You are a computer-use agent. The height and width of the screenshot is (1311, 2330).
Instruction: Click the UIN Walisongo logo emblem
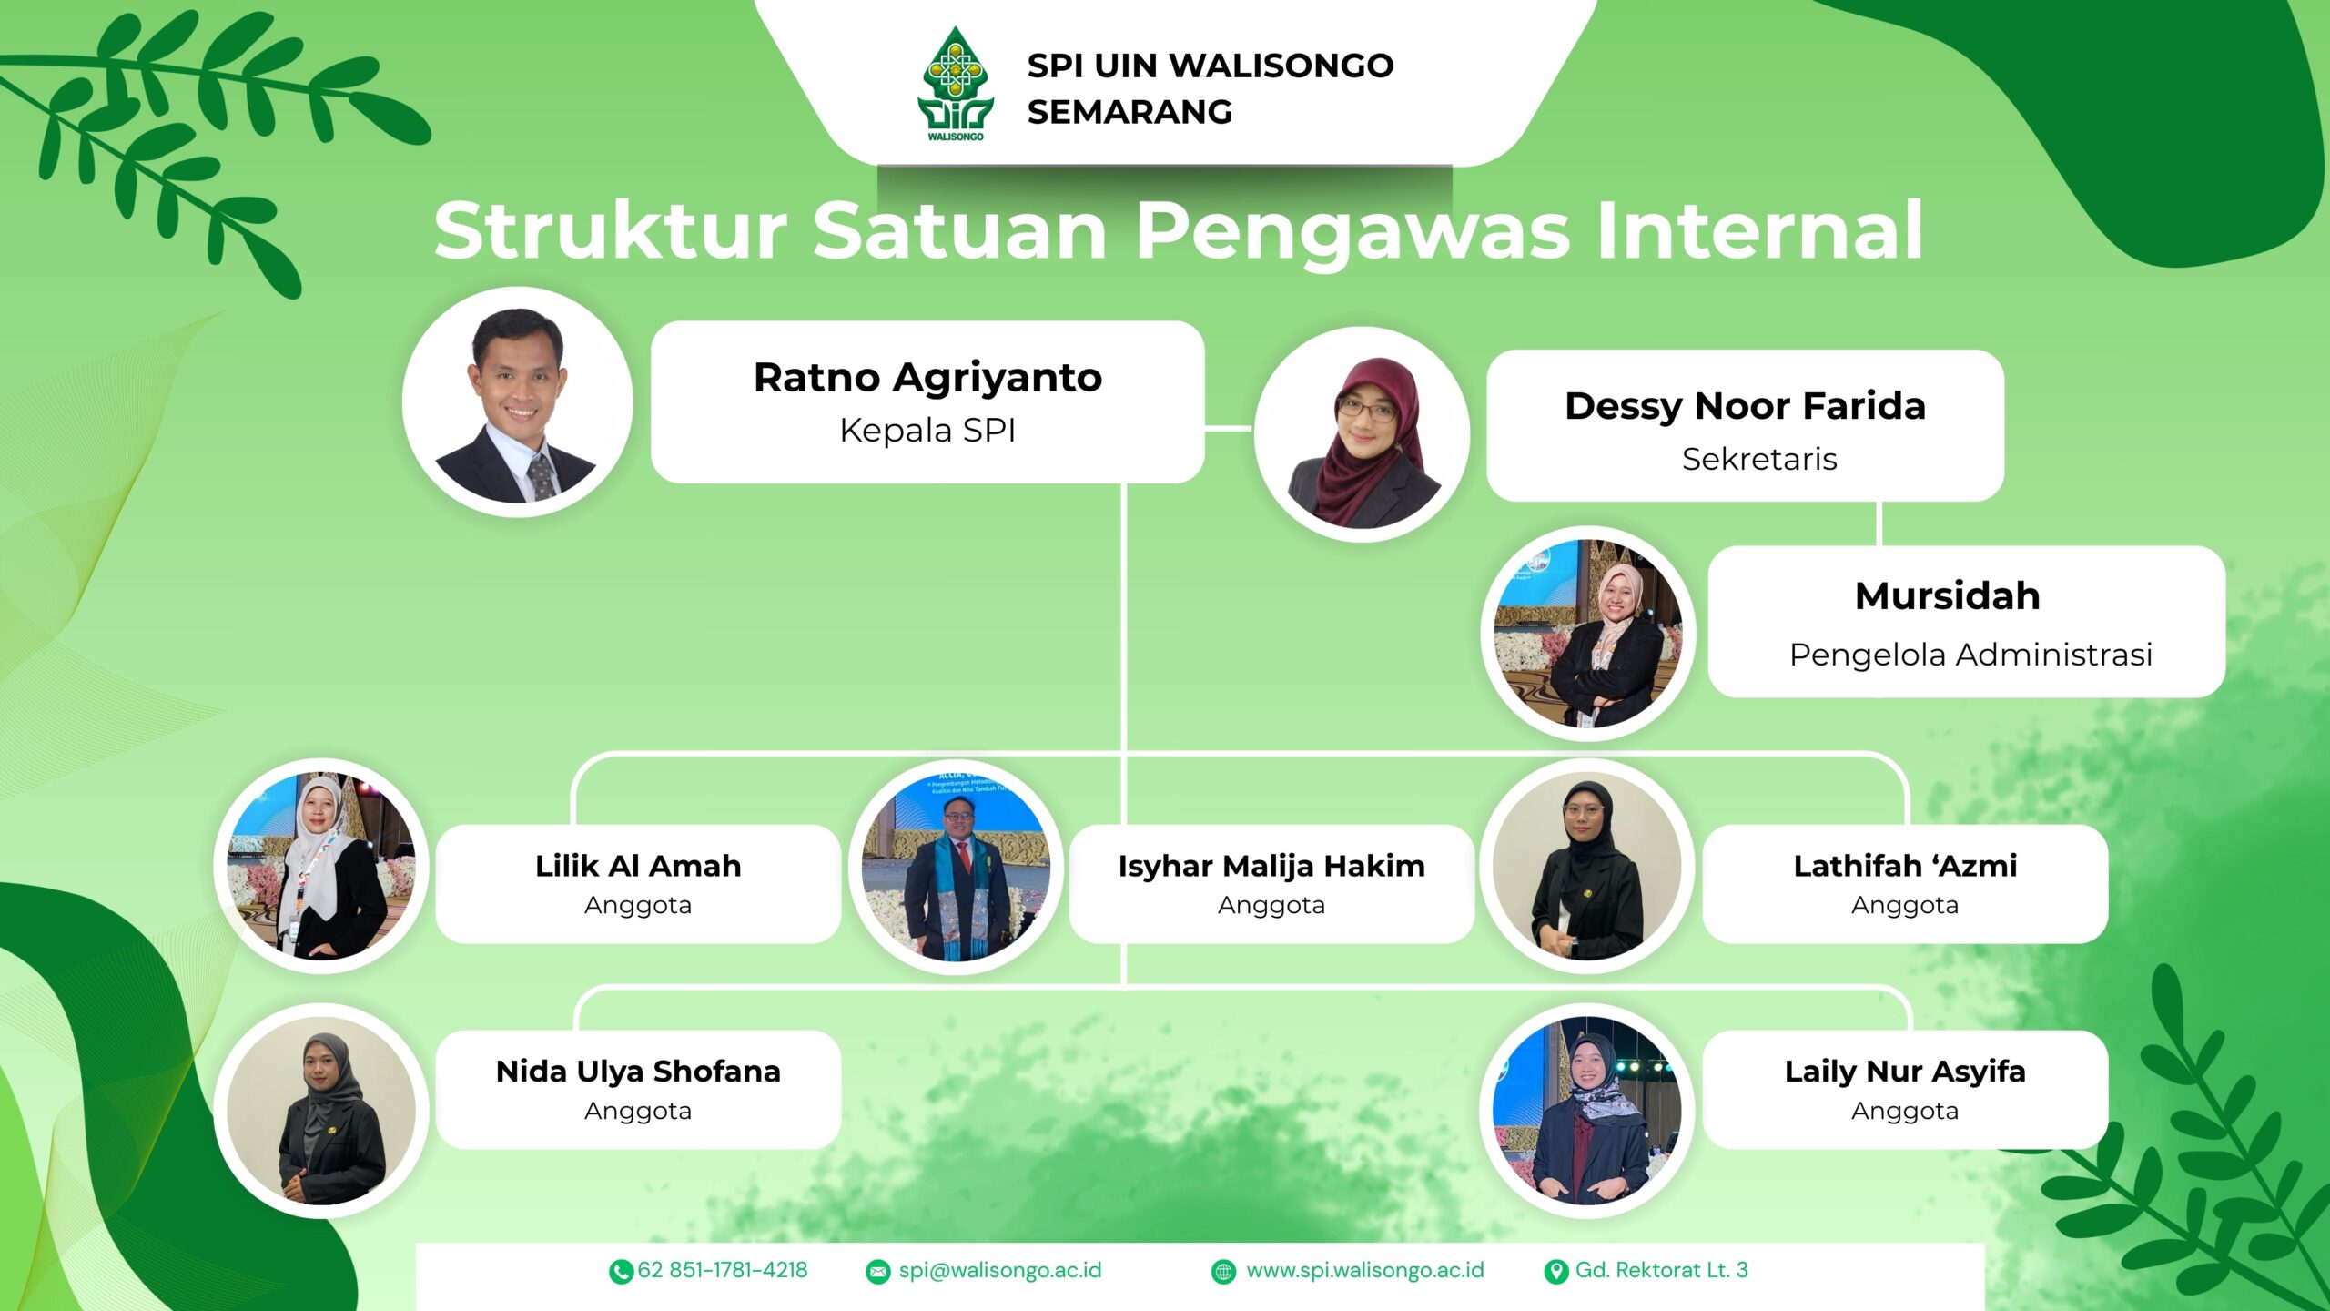click(955, 85)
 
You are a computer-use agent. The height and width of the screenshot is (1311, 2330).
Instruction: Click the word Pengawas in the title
click(1352, 231)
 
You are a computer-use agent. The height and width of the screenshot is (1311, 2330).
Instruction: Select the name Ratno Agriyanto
click(927, 377)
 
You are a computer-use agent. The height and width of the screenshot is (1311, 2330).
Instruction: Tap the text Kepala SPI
click(927, 430)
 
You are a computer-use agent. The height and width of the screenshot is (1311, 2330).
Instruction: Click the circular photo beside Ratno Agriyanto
click(517, 402)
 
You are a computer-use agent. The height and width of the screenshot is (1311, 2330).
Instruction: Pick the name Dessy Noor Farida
click(1745, 406)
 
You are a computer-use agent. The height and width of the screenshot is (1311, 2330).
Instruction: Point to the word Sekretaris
click(1758, 459)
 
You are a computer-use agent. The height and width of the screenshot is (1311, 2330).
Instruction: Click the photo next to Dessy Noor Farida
click(1362, 434)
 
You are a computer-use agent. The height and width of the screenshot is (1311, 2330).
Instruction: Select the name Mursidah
click(1947, 596)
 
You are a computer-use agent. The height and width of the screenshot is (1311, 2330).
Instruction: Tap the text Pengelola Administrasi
click(1970, 655)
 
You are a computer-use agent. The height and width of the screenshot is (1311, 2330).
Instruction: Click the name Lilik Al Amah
click(638, 866)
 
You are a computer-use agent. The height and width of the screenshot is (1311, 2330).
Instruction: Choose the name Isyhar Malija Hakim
click(1271, 866)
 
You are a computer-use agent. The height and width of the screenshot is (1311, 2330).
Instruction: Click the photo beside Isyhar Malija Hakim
click(956, 867)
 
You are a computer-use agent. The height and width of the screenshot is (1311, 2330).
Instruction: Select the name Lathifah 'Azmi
click(1905, 866)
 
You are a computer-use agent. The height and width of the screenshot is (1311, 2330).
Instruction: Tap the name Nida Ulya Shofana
click(638, 1072)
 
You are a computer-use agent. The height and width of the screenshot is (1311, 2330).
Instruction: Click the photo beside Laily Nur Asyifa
click(1587, 1111)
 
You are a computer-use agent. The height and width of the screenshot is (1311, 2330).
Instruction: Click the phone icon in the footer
click(621, 1272)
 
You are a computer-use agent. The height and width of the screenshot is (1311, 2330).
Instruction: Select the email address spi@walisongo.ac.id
click(999, 1270)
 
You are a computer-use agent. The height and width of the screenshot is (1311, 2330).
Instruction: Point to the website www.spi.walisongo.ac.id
click(1364, 1270)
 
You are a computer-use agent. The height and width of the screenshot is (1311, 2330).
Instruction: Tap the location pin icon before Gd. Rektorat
click(1556, 1272)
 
